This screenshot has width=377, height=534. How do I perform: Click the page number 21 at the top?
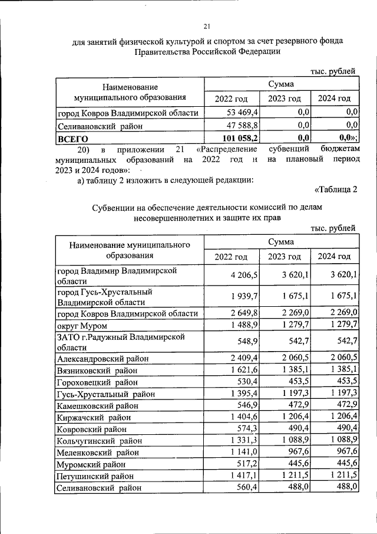206,26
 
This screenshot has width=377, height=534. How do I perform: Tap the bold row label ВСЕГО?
72,139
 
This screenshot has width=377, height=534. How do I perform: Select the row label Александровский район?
102,358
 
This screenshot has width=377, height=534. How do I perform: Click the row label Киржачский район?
93,417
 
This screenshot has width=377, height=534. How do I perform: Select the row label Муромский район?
91,464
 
